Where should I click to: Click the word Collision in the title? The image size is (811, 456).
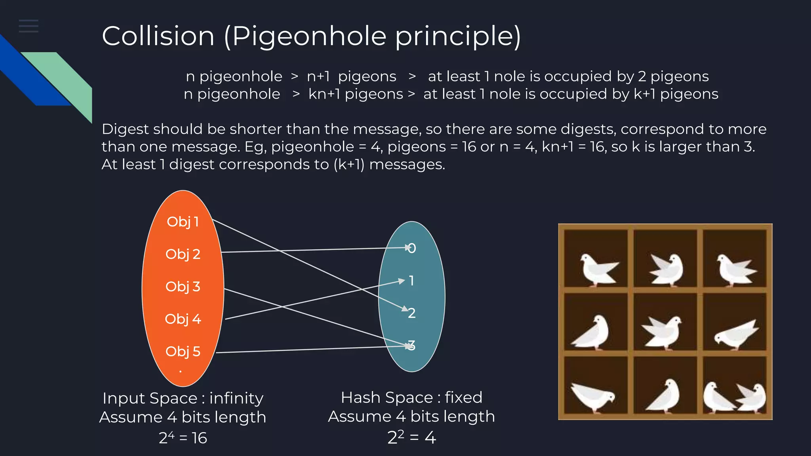click(158, 36)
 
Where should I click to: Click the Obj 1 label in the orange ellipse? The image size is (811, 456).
click(183, 222)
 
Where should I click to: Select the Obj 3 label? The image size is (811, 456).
click(183, 287)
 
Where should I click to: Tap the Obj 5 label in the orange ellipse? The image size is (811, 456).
click(183, 351)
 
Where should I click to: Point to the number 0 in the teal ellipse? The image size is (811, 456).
click(412, 249)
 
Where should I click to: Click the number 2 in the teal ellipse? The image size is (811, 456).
click(412, 313)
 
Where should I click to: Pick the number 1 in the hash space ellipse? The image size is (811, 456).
click(412, 281)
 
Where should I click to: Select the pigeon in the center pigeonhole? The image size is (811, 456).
click(663, 331)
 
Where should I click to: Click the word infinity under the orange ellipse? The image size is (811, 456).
click(236, 398)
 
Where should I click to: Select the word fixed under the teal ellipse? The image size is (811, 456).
click(463, 397)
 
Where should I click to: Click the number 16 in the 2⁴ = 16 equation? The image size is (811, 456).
click(199, 438)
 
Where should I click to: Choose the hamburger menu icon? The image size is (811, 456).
click(29, 26)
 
